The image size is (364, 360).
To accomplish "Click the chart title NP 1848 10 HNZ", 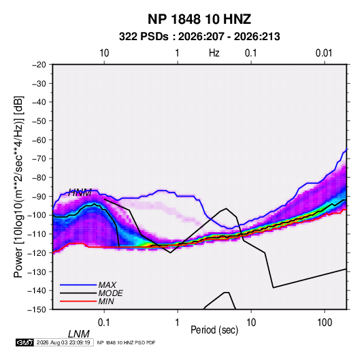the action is pyautogui.click(x=199, y=19).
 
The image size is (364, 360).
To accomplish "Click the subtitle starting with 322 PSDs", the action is pyautogui.click(x=199, y=37).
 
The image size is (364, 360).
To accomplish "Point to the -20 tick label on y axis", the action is pyautogui.click(x=39, y=65).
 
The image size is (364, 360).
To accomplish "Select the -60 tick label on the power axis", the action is pyautogui.click(x=39, y=140).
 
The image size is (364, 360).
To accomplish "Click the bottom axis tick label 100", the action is pyautogui.click(x=325, y=323).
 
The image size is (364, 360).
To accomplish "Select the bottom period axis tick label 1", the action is pyautogui.click(x=178, y=323).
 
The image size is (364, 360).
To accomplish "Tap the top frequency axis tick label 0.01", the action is pyautogui.click(x=324, y=53).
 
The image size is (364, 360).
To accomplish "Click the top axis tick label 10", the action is pyautogui.click(x=104, y=53).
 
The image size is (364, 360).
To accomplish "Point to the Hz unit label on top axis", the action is pyautogui.click(x=214, y=53).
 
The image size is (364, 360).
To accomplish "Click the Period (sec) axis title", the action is pyautogui.click(x=214, y=330).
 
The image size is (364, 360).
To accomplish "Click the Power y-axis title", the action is pyautogui.click(x=19, y=187).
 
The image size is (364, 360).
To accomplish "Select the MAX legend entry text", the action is pyautogui.click(x=107, y=285).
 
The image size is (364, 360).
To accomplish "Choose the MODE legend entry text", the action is pyautogui.click(x=110, y=293).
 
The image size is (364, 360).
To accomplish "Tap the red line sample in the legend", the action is pyautogui.click(x=78, y=301).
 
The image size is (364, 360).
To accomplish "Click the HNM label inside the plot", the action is pyautogui.click(x=80, y=193).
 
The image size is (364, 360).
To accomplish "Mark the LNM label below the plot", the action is pyautogui.click(x=78, y=334).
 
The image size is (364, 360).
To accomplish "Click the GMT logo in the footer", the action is pyautogui.click(x=25, y=342).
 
